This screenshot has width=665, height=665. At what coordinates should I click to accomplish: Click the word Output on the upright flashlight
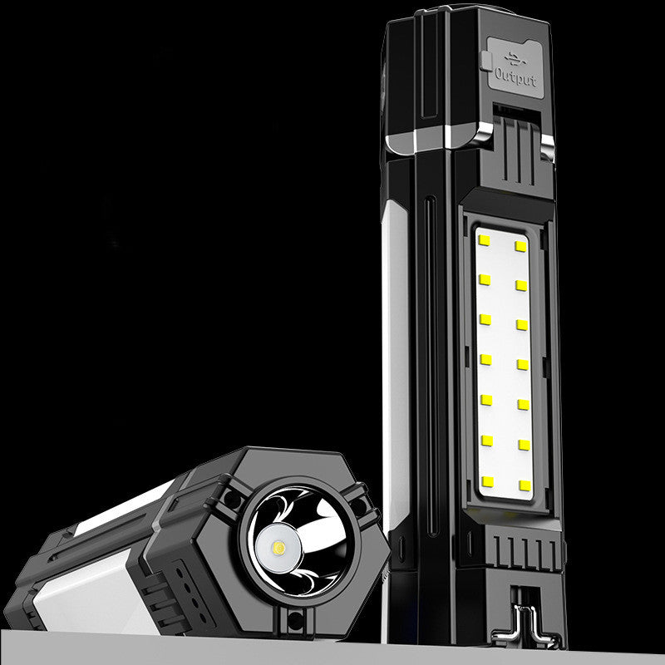[516, 77]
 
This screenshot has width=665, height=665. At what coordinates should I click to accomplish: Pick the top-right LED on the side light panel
[520, 246]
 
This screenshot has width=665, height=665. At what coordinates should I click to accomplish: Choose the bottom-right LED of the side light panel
[525, 484]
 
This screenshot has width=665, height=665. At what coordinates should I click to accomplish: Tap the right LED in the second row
[522, 285]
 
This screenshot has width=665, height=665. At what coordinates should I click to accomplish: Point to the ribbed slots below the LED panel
[523, 549]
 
